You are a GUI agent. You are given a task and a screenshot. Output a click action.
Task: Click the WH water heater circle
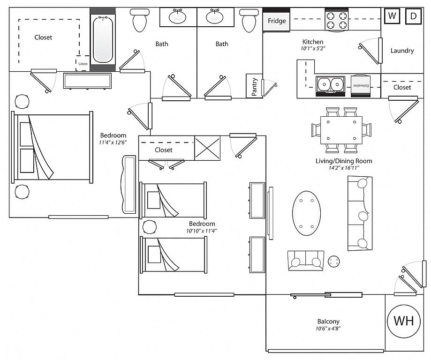(x=403, y=321)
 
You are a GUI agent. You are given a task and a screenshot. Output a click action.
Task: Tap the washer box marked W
(x=392, y=16)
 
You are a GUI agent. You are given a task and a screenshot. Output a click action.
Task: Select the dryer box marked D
(x=413, y=16)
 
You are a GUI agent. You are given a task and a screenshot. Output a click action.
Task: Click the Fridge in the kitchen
(x=277, y=21)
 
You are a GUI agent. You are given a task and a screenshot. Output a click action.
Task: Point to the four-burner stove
(x=336, y=20)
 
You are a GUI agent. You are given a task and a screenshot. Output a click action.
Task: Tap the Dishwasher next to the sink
(x=361, y=86)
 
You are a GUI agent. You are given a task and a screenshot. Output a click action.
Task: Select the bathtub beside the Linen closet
(x=103, y=39)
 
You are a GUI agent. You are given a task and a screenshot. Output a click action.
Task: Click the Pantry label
(x=254, y=87)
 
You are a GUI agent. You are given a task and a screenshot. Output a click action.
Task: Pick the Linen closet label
(x=83, y=64)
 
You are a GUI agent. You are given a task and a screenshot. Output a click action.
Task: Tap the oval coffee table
(x=306, y=213)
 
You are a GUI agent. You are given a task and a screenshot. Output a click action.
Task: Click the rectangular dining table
(x=341, y=130)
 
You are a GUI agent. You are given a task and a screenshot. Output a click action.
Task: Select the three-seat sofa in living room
(x=360, y=213)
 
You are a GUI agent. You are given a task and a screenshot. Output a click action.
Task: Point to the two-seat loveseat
(x=306, y=261)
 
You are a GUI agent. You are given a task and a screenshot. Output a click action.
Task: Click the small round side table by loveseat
(x=334, y=261)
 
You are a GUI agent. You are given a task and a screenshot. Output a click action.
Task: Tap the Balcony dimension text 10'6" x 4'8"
(x=328, y=329)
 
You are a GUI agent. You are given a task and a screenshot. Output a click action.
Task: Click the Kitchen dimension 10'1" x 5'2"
(x=313, y=49)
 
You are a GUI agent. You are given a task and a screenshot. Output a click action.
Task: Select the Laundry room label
(x=402, y=51)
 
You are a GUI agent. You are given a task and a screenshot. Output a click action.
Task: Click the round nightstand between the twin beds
(x=150, y=227)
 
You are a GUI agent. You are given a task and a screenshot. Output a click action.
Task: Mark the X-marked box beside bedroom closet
(x=207, y=148)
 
